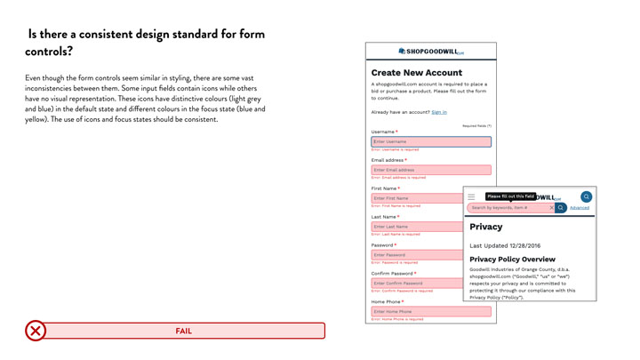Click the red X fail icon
[x=36, y=331]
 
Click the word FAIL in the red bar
[x=183, y=331]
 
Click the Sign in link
[x=439, y=112]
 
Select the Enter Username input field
[x=430, y=141]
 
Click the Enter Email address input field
[x=430, y=170]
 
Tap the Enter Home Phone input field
[x=430, y=312]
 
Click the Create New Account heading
[x=416, y=73]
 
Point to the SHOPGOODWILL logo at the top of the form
[x=431, y=52]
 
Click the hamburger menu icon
[x=472, y=196]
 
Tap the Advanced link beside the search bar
[x=580, y=208]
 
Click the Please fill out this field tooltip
[x=510, y=196]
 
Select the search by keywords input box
[x=508, y=208]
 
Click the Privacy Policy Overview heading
[x=511, y=260]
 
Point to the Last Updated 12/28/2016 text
[x=505, y=245]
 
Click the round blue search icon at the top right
[x=586, y=196]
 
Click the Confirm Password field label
[x=392, y=274]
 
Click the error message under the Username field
[x=395, y=149]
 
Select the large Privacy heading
[x=486, y=227]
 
